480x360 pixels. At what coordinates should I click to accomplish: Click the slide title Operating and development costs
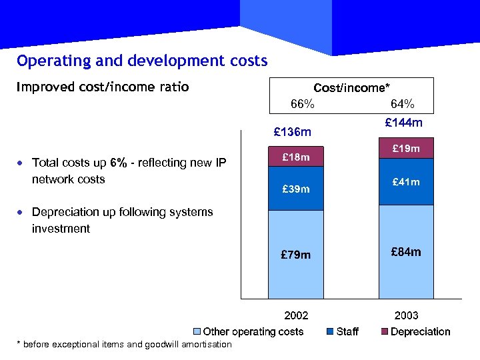[x=142, y=61]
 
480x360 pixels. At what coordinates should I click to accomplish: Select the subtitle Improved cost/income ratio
[x=103, y=87]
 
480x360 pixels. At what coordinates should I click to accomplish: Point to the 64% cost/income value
[x=402, y=104]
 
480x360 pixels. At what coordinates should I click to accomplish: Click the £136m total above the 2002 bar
[x=293, y=131]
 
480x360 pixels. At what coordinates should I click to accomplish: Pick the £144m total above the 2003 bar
[x=404, y=123]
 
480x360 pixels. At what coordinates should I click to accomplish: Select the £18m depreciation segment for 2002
[x=295, y=157]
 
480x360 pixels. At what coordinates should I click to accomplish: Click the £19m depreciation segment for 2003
[x=406, y=149]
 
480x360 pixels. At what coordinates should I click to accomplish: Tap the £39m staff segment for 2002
[x=295, y=189]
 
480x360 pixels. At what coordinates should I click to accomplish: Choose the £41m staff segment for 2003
[x=406, y=181]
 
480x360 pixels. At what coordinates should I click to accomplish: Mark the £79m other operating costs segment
[x=295, y=255]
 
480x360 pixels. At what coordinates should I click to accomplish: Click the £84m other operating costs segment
[x=406, y=252]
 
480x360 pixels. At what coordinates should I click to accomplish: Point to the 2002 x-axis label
[x=296, y=315]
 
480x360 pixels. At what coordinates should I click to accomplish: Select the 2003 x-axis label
[x=406, y=315]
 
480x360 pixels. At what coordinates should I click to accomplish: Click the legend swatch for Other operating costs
[x=197, y=332]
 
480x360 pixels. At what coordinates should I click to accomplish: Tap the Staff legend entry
[x=347, y=332]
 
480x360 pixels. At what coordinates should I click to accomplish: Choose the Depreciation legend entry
[x=420, y=332]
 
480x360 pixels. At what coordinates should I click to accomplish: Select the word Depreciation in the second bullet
[x=65, y=212]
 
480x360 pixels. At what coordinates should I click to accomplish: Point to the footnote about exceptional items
[x=124, y=344]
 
